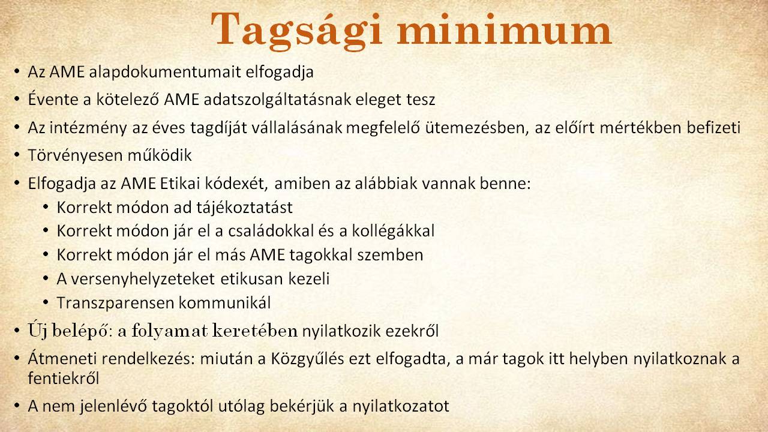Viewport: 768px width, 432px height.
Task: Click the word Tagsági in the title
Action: coord(296,31)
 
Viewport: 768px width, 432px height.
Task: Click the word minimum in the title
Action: coord(505,29)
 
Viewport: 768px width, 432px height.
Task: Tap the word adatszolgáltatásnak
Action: coord(277,100)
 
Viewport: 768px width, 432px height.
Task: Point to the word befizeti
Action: coord(713,128)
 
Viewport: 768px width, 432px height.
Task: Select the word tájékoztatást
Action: coord(244,208)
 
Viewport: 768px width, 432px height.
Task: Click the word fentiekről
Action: coord(64,378)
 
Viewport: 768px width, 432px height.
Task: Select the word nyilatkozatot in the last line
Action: coord(401,406)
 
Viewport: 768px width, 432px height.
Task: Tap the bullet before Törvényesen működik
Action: coord(17,155)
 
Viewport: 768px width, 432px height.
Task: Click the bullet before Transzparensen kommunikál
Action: coord(46,302)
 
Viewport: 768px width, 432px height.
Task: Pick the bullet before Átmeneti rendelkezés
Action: coord(17,358)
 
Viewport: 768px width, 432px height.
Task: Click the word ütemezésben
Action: coord(477,128)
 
